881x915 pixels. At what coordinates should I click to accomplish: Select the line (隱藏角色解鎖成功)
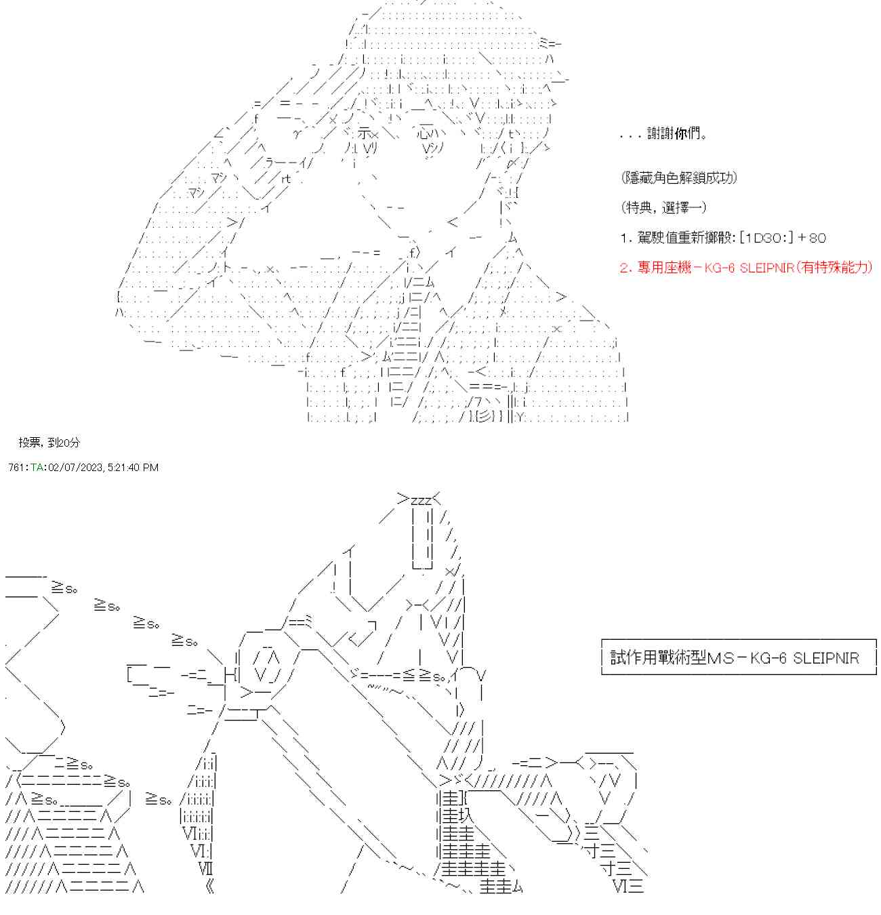(x=678, y=178)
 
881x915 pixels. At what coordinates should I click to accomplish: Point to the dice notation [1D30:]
(x=766, y=238)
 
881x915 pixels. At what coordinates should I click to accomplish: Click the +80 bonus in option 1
(x=812, y=238)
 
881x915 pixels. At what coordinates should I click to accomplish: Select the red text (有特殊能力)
(x=834, y=268)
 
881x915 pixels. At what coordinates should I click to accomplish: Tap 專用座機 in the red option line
(x=664, y=268)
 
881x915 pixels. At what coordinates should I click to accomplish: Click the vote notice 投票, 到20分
(x=49, y=443)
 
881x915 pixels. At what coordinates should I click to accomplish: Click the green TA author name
(x=37, y=468)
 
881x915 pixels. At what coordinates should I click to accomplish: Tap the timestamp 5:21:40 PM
(x=133, y=468)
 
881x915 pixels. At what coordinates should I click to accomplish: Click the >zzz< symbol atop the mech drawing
(x=419, y=500)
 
